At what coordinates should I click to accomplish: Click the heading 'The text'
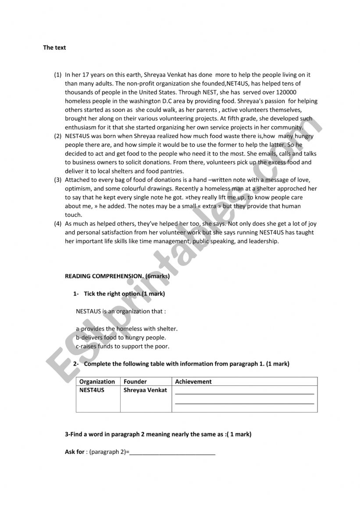click(x=54, y=48)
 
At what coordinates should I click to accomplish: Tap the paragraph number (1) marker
click(x=58, y=75)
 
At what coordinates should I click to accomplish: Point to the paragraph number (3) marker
click(x=58, y=180)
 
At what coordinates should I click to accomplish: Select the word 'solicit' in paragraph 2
click(x=127, y=163)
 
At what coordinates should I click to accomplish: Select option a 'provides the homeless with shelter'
click(x=127, y=329)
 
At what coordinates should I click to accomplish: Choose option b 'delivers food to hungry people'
click(x=121, y=338)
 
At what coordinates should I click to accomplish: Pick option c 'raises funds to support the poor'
click(x=122, y=346)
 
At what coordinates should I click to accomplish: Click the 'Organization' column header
click(x=97, y=382)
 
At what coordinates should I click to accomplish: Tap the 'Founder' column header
click(x=135, y=382)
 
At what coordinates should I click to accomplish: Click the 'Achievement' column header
click(x=193, y=382)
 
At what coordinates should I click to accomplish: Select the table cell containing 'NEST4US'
click(x=92, y=390)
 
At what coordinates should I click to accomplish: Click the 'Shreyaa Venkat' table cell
click(x=145, y=390)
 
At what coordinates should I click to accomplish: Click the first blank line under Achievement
click(x=244, y=393)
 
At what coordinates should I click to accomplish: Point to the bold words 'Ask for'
click(x=75, y=452)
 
